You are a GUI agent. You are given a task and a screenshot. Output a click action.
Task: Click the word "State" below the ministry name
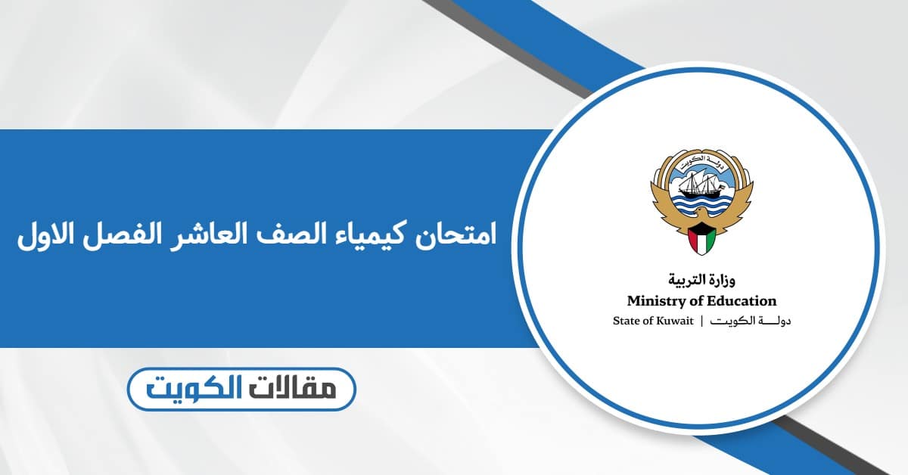click(627, 321)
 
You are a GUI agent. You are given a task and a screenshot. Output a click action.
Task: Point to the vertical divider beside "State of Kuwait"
click(701, 321)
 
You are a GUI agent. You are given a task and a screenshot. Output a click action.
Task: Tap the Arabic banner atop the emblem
click(701, 160)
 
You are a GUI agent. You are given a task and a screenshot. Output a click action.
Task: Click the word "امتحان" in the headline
click(455, 234)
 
